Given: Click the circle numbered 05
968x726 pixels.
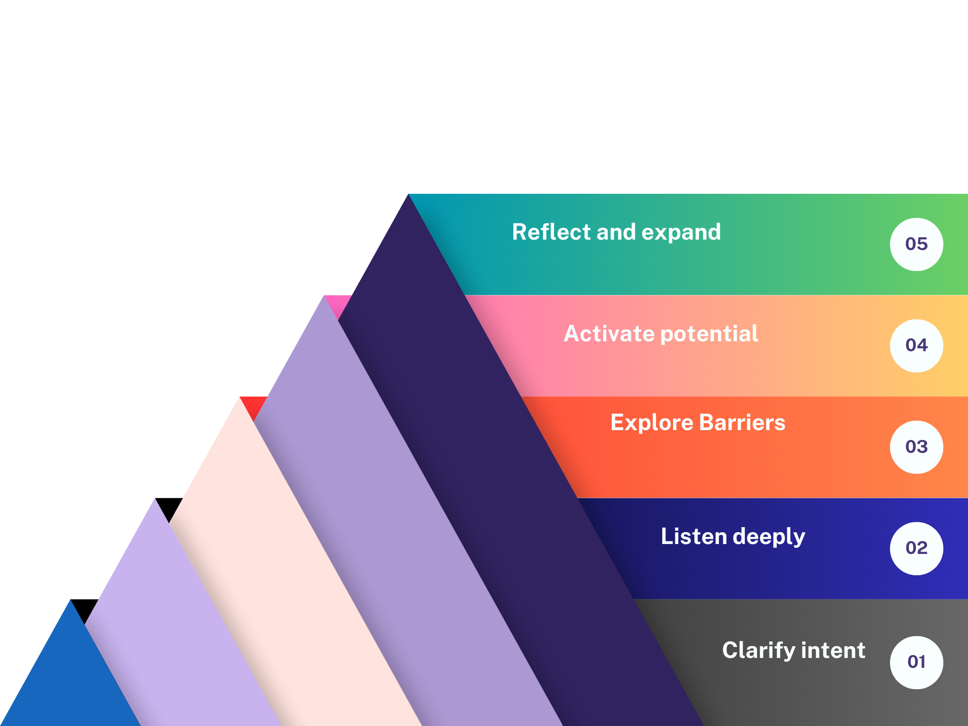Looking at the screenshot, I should coord(916,244).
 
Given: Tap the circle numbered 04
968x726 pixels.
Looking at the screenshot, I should coord(916,346).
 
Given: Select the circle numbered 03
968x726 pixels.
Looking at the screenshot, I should coord(916,447).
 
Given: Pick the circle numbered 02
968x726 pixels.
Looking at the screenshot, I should coord(916,548).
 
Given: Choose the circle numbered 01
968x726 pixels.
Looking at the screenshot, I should coord(916,662).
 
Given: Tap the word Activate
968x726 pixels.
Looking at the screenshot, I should coord(609,334).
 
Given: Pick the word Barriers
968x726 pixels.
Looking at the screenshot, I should coord(742,423).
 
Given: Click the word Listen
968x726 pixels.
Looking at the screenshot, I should coord(693,536).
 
